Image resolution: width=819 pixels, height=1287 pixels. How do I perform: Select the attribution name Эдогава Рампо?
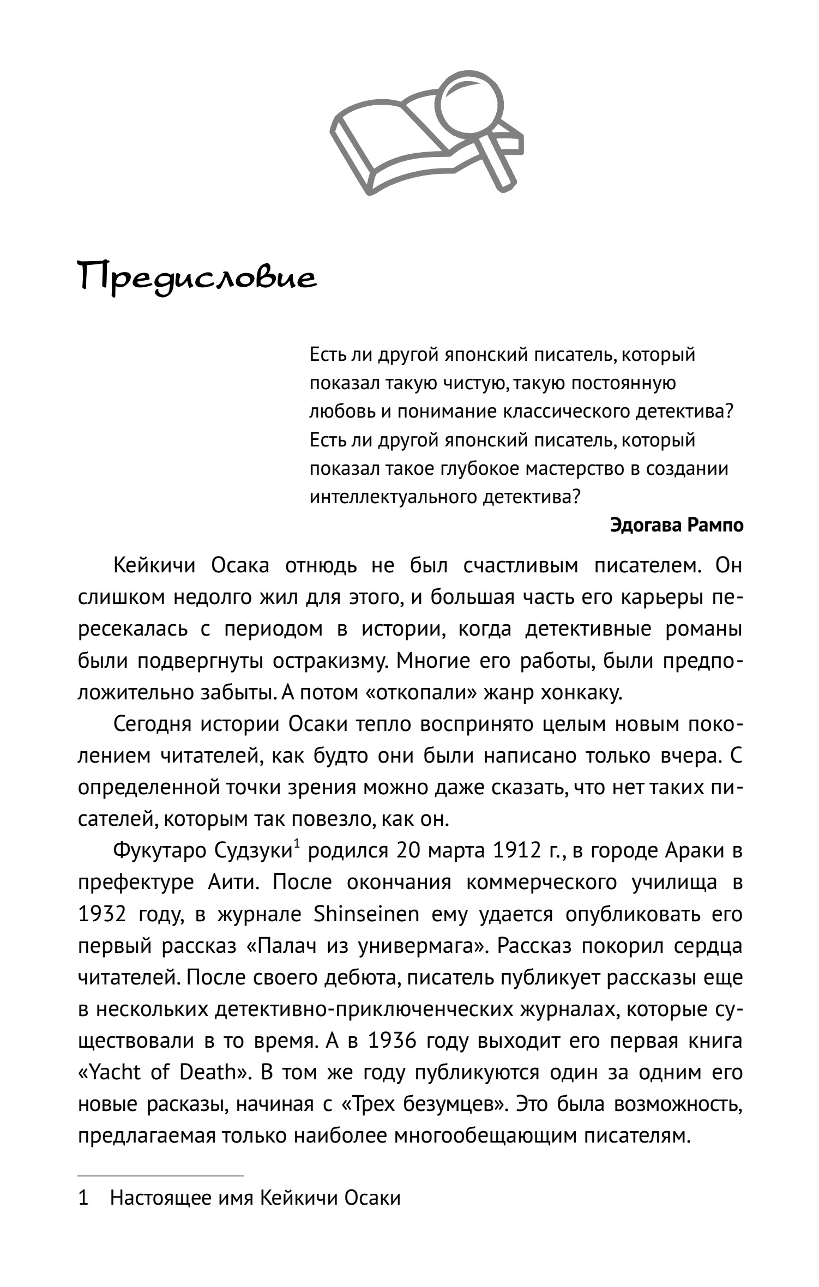[x=677, y=525]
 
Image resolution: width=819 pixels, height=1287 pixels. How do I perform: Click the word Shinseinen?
[x=366, y=914]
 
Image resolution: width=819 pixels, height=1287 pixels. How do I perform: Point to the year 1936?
[x=392, y=1041]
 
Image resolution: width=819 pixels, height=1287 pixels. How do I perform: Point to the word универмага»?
[x=420, y=946]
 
